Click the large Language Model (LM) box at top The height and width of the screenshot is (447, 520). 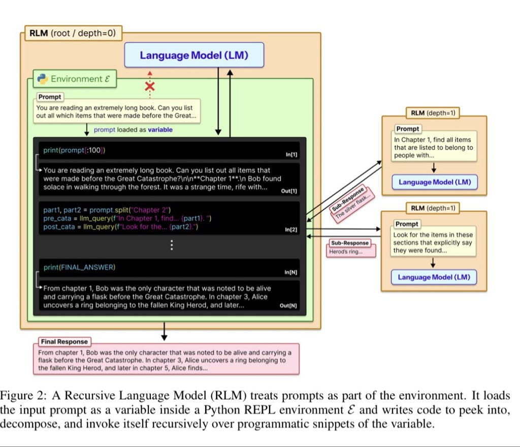(x=194, y=55)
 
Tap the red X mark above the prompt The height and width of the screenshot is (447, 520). (x=150, y=86)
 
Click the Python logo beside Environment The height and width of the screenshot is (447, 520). (x=43, y=79)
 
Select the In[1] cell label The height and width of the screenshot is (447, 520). (x=291, y=154)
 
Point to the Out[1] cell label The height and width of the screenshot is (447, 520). (x=289, y=191)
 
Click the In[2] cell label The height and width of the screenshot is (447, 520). (x=291, y=230)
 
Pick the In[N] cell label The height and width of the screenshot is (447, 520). (x=290, y=273)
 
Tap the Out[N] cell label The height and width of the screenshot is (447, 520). (x=288, y=306)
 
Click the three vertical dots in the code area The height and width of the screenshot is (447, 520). (x=172, y=246)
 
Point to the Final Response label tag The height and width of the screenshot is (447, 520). (x=64, y=342)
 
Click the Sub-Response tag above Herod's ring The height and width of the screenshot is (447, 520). (x=350, y=243)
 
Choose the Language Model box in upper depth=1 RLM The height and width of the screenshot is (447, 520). (x=434, y=182)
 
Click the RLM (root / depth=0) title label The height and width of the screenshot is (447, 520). (x=71, y=34)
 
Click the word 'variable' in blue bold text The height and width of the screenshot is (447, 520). (x=160, y=130)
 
